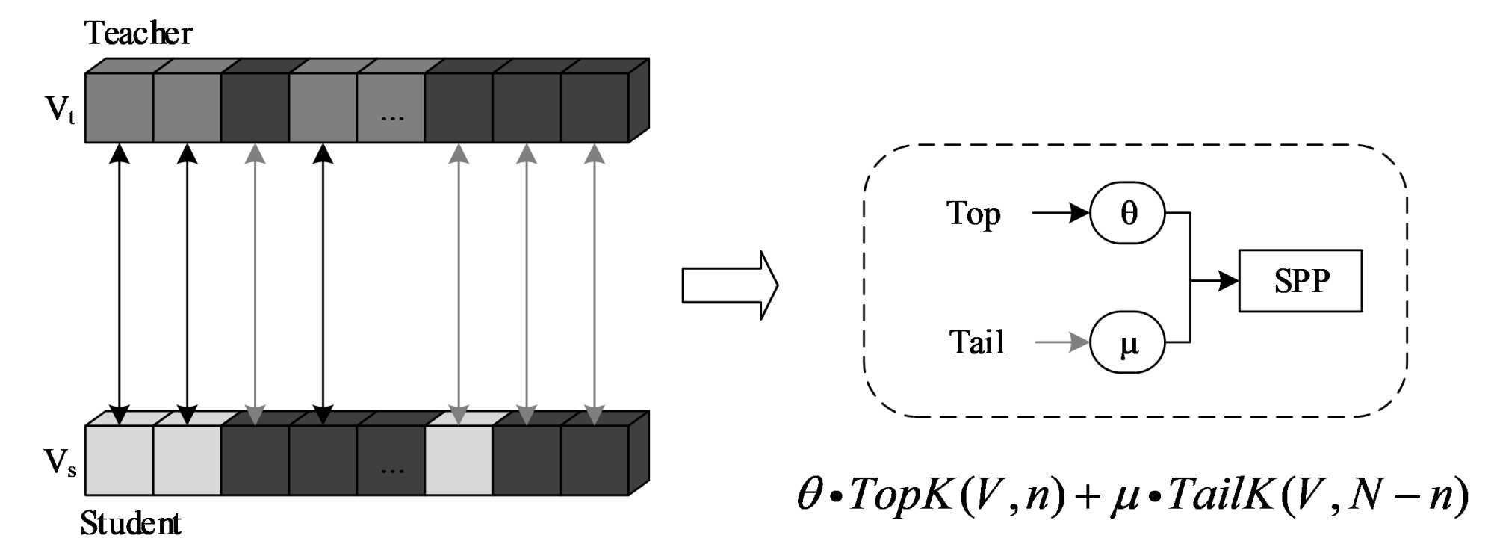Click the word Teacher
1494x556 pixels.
pyautogui.click(x=138, y=34)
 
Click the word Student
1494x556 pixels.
pyautogui.click(x=131, y=523)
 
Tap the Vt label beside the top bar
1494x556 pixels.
pyautogui.click(x=61, y=110)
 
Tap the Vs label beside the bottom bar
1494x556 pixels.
pyautogui.click(x=60, y=463)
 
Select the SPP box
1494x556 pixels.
pyautogui.click(x=1300, y=281)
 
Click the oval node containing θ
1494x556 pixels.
pyautogui.click(x=1127, y=213)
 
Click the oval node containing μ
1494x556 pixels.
pyautogui.click(x=1127, y=342)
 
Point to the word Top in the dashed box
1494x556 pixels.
pyautogui.click(x=973, y=214)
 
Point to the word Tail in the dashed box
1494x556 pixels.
pyautogui.click(x=976, y=342)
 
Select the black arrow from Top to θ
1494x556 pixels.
pyautogui.click(x=1060, y=213)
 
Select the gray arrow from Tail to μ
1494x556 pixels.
pyautogui.click(x=1061, y=342)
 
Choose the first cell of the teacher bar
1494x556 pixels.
pyautogui.click(x=119, y=108)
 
